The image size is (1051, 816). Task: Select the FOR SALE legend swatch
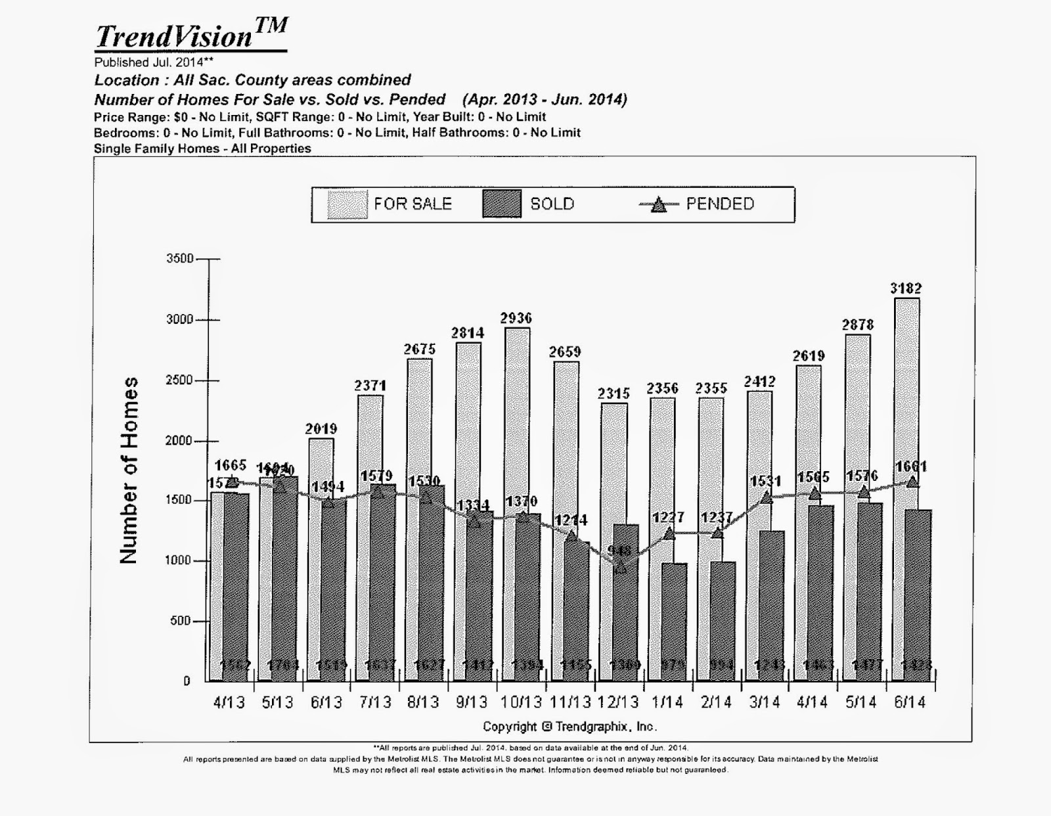pyautogui.click(x=347, y=204)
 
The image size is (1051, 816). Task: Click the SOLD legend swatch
pyautogui.click(x=502, y=204)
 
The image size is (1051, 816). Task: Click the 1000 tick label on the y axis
pyautogui.click(x=179, y=560)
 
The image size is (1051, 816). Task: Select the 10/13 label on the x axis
pyautogui.click(x=521, y=702)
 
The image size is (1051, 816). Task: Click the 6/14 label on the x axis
pyautogui.click(x=909, y=702)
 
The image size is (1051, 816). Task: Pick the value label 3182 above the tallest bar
pyautogui.click(x=906, y=288)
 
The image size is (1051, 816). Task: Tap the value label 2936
pyautogui.click(x=516, y=319)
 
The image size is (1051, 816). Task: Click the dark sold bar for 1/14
pyautogui.click(x=675, y=621)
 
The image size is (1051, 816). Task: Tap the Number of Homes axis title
pyautogui.click(x=129, y=470)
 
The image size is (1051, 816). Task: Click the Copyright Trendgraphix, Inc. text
pyautogui.click(x=570, y=727)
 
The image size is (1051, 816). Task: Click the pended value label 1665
pyautogui.click(x=230, y=465)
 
